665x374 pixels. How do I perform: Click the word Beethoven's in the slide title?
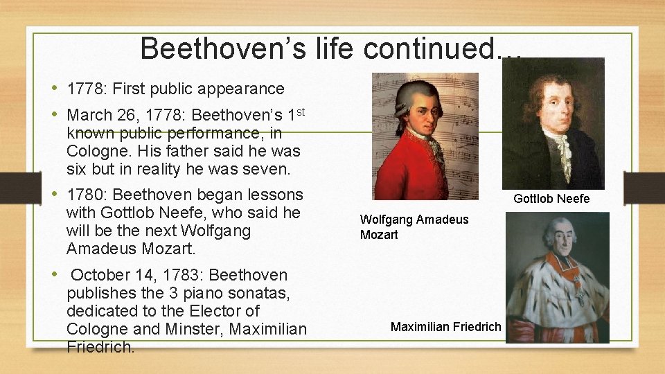[229, 48]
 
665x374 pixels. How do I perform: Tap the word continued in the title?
[443, 48]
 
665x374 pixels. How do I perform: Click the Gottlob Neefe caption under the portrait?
[551, 199]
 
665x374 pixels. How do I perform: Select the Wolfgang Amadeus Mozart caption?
[414, 226]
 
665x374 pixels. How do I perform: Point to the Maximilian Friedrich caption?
[445, 326]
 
